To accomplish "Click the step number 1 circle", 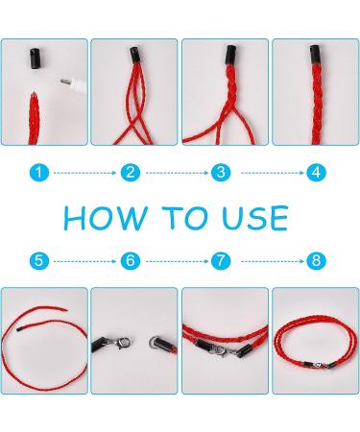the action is coord(39,173).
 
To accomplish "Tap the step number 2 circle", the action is coord(131,173).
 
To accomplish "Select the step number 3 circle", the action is coord(221,173).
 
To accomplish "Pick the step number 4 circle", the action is coord(316,173).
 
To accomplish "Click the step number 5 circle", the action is coord(39,261).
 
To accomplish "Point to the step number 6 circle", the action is coord(131,261).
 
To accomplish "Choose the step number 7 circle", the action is coord(221,261).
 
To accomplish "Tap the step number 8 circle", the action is coord(316,261).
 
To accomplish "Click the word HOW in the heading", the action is coord(106,218).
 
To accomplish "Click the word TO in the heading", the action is coord(184,218).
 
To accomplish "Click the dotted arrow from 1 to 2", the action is coord(84,173).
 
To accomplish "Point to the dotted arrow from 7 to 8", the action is coord(273,261).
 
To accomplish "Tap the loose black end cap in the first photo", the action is coord(36,59).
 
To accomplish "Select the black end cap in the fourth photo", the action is coord(315,55).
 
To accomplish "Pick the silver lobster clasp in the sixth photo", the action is coord(121,343).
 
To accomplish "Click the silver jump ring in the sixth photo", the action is coord(155,343).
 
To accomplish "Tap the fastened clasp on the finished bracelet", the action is coord(319,365).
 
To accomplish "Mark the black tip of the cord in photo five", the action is coord(19,329).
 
